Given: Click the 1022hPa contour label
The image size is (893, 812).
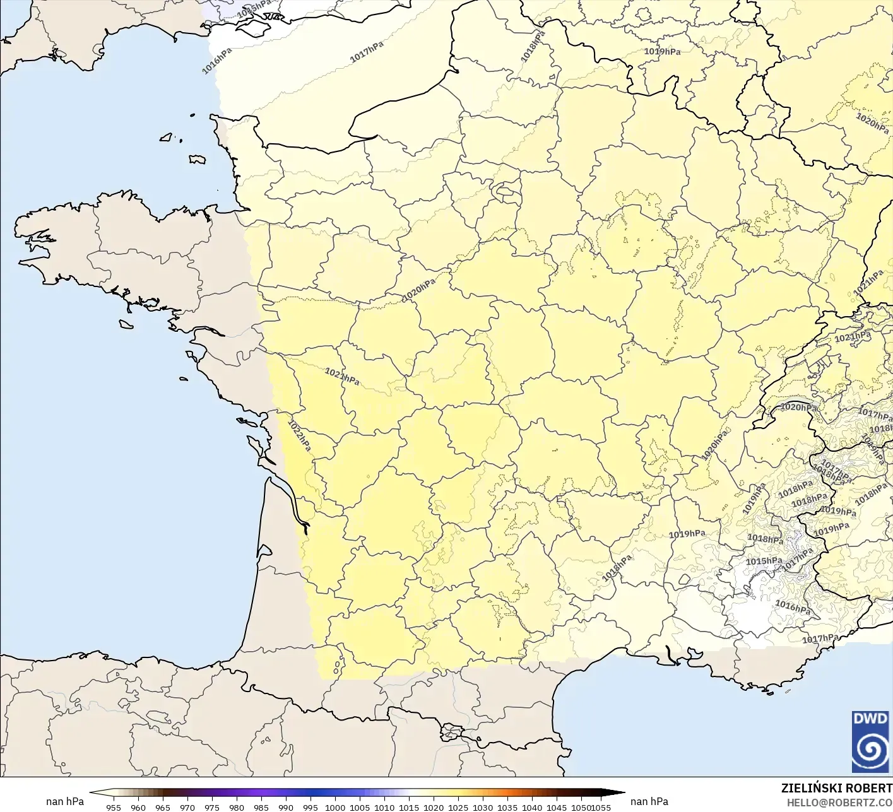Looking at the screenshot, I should pos(299,435).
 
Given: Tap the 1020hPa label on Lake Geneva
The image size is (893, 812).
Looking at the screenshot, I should pos(798,408).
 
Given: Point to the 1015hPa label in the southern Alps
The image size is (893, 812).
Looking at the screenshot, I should pos(764,561).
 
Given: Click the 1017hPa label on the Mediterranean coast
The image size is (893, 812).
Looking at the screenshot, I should pos(820,638).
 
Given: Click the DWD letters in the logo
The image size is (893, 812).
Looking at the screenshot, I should pos(870,719).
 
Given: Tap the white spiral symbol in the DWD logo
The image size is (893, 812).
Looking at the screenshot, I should pos(870,750).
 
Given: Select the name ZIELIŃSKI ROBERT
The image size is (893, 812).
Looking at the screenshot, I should pos(836,788).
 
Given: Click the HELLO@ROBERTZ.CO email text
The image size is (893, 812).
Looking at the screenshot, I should pos(839,801).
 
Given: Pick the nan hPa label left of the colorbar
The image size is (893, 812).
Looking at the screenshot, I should pos(64,801).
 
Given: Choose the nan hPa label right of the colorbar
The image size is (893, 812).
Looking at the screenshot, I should pos(649,801).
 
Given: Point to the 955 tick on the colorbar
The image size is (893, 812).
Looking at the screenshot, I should pos(114,807).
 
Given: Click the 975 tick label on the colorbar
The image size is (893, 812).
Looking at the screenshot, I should pos(211,807).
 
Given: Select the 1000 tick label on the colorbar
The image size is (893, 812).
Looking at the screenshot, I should pos(335,807).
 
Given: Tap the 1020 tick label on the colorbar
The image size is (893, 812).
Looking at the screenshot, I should pos(434,807).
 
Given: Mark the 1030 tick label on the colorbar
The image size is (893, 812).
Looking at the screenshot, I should pos(483,807).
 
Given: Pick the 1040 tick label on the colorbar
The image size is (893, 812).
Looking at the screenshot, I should pos(532,807).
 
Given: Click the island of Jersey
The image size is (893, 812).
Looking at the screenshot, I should pos(197,160).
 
